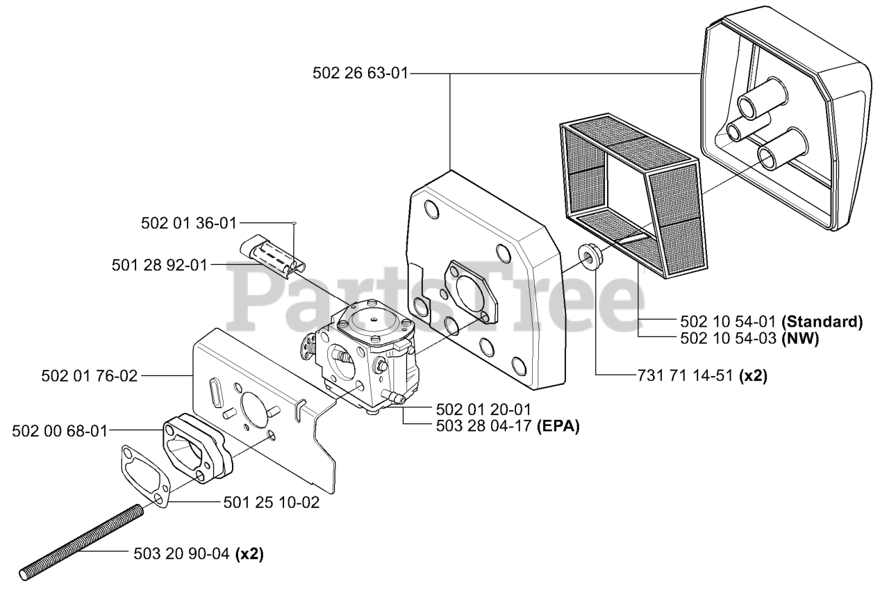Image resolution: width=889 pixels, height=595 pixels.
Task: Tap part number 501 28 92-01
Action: tap(159, 265)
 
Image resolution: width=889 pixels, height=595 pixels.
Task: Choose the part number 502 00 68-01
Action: tap(60, 431)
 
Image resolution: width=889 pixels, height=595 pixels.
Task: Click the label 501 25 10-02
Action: tap(272, 502)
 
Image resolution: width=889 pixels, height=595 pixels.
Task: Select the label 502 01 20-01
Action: tap(485, 409)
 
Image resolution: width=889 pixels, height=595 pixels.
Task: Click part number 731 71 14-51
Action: tap(684, 375)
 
